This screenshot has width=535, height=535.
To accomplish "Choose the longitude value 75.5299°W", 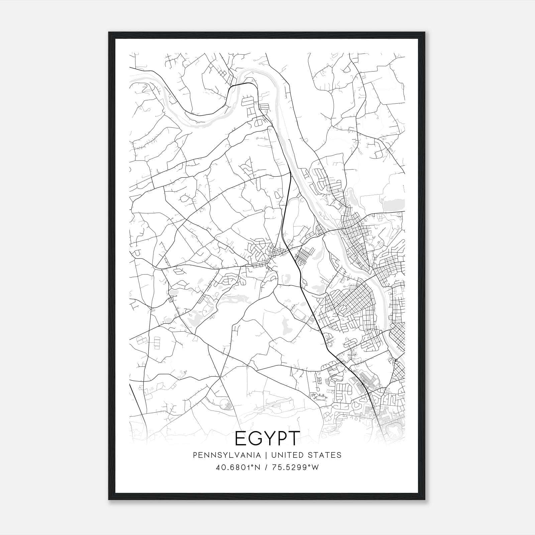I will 295,467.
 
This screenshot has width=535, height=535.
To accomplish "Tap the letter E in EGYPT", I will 241,438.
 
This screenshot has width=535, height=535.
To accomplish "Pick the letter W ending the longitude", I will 315,467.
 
